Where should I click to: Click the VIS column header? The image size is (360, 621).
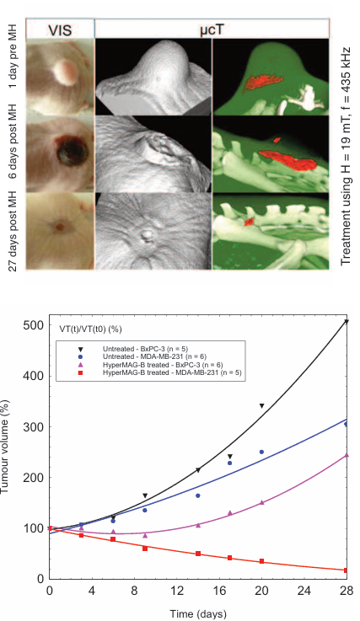coord(60,30)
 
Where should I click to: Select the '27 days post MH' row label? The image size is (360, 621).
coord(13,231)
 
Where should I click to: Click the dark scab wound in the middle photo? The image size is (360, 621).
coord(67,152)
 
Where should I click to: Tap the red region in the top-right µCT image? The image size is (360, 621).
coord(263,82)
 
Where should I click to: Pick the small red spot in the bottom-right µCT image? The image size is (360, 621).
coord(249,222)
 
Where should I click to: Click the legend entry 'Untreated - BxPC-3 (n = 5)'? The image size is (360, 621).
coord(145,349)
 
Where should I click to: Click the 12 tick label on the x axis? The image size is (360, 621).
coord(177,591)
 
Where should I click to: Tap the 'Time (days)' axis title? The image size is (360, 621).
coord(198,614)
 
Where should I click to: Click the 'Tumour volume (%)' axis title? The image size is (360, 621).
coord(5,447)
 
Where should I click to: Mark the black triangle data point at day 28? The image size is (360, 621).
coord(347,322)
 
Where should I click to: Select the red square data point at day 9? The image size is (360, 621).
coord(145,549)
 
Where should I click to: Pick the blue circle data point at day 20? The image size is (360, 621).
coord(261,452)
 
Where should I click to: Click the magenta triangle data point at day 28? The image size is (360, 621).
coord(347,455)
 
